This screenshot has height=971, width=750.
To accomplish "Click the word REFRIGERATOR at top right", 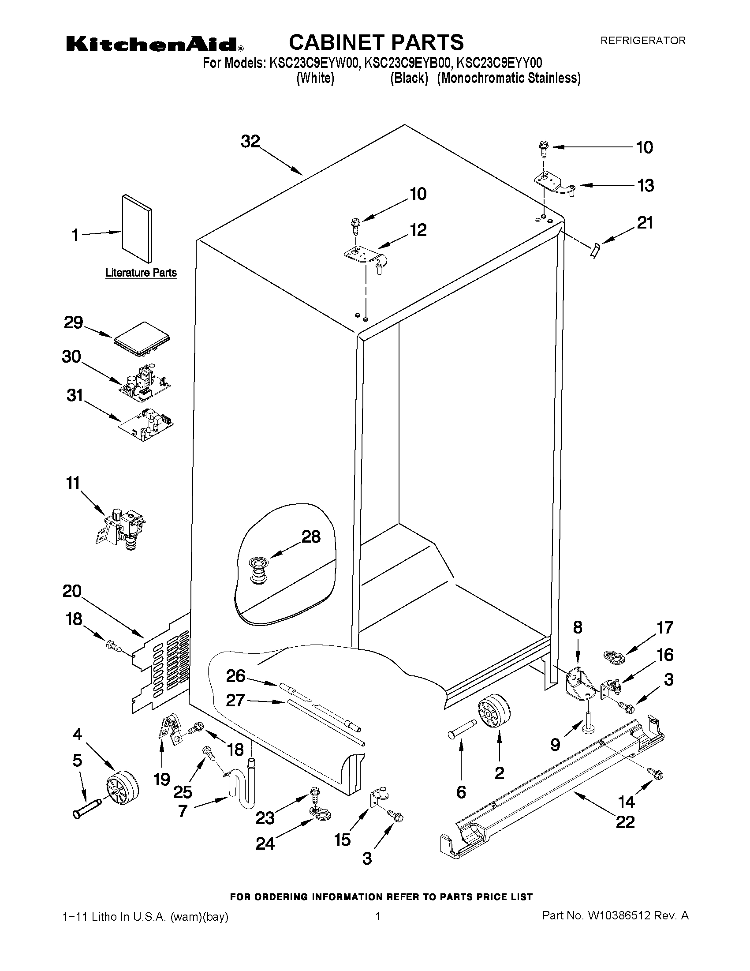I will [642, 41].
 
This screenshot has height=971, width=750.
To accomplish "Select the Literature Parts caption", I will [141, 273].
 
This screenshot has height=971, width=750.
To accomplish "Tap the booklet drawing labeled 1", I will [137, 229].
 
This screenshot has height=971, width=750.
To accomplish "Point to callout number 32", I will [250, 141].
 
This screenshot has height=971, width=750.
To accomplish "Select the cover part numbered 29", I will [142, 339].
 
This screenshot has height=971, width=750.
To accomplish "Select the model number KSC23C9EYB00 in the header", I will [407, 63].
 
